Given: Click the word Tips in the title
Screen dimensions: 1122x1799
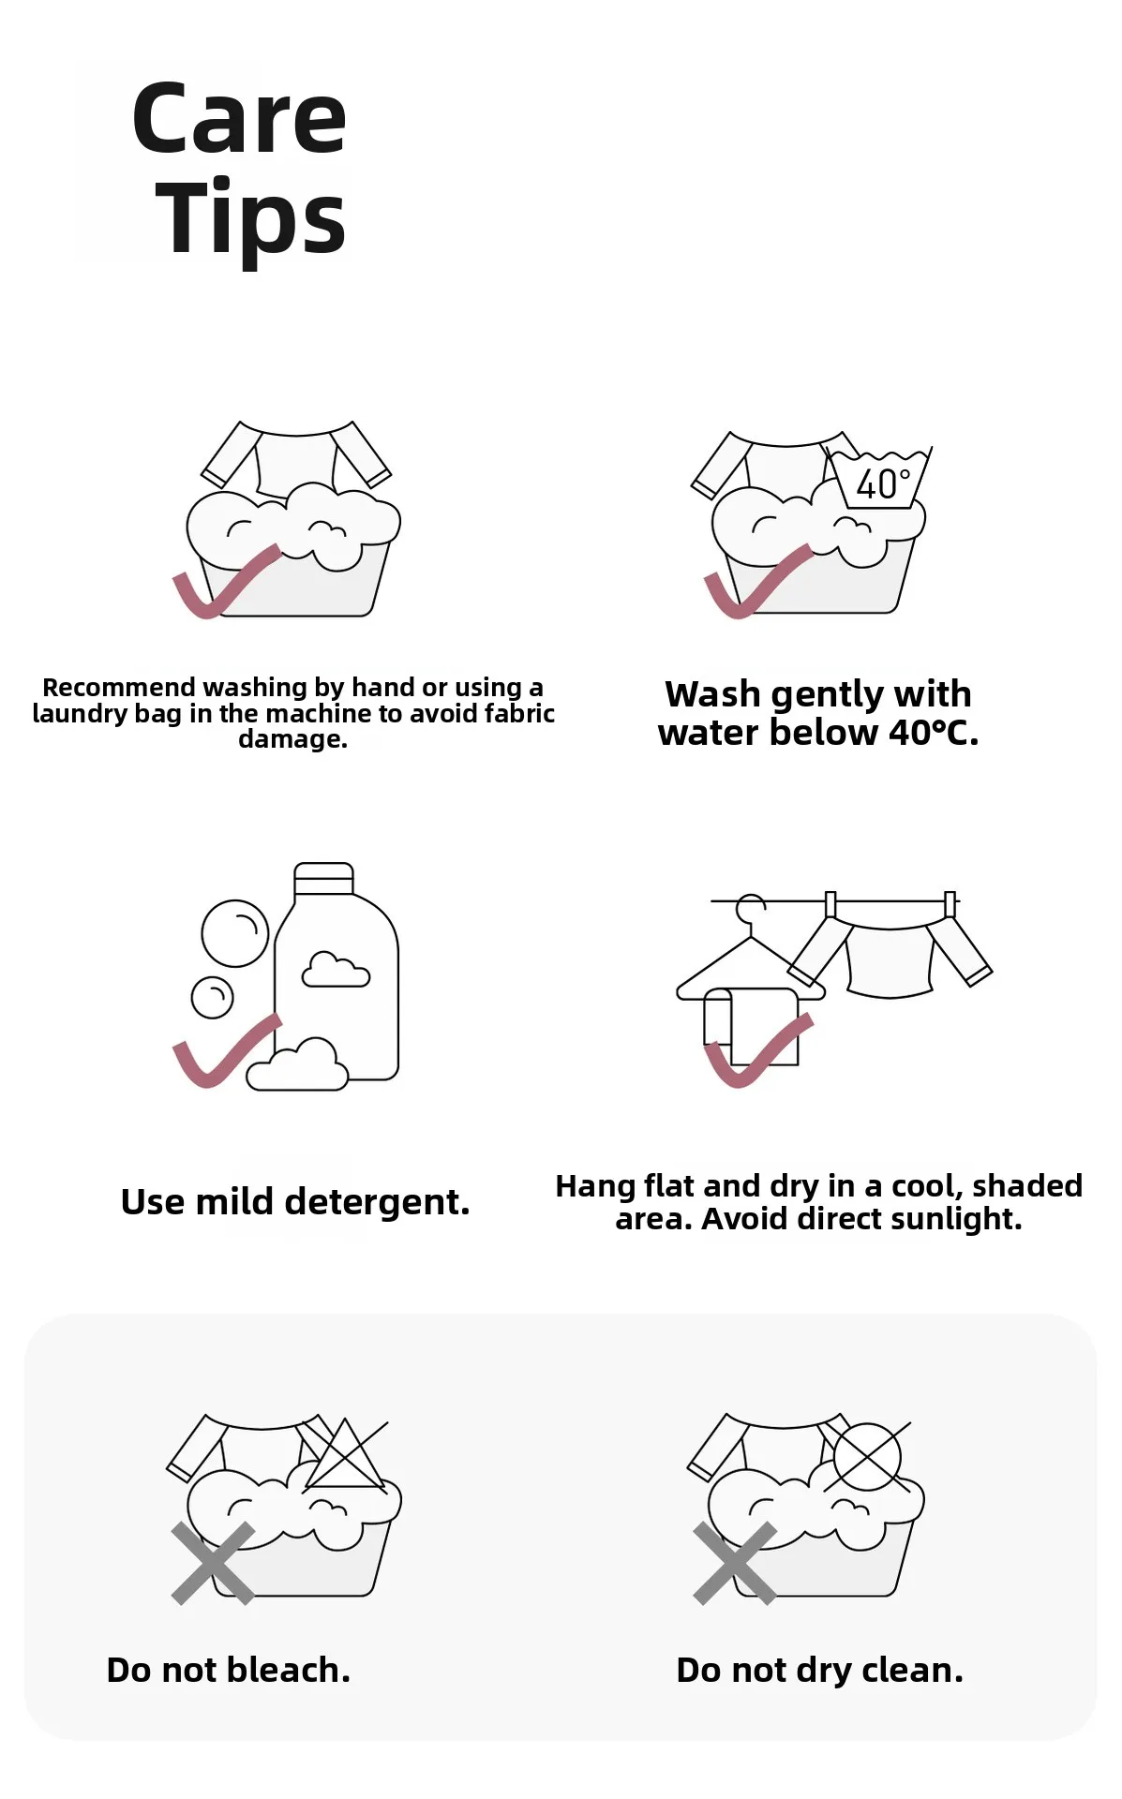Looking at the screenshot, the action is pos(251,218).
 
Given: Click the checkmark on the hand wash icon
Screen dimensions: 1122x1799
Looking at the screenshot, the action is pos(226,582).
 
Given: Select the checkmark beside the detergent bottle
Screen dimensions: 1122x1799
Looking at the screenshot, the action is pos(226,1051).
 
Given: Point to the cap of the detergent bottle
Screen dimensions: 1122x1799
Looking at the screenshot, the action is pos(323,879).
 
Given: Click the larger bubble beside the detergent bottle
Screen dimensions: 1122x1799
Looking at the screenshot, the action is pos(235,933).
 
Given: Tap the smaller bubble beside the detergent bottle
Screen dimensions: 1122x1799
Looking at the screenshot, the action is pos(213,997).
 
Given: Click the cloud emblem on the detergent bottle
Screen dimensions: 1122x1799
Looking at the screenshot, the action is pos(336,969).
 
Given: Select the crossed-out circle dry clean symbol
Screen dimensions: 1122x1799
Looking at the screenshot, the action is pos(868,1457).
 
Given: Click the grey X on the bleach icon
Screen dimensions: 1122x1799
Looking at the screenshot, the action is pos(213,1563).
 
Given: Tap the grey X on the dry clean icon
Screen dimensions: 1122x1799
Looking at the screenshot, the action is pos(735,1563).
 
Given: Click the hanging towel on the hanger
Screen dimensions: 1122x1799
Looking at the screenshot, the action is pos(751,1027).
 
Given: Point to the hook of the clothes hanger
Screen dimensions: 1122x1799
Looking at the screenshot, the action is pos(750,909).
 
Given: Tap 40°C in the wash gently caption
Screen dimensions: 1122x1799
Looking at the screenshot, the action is pos(934,733).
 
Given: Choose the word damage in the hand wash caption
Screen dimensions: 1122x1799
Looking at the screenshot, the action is pos(292,739).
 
